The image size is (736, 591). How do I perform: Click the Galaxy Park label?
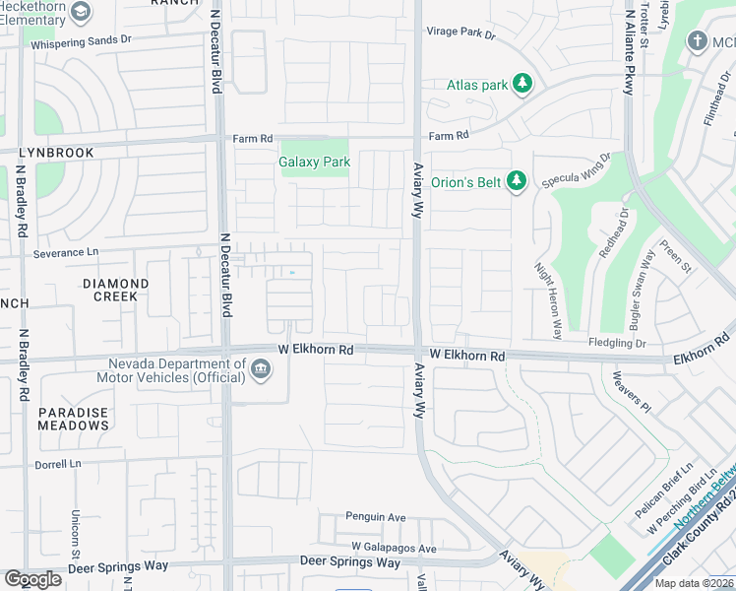pyautogui.click(x=314, y=162)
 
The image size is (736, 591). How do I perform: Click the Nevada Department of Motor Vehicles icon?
pyautogui.click(x=260, y=370)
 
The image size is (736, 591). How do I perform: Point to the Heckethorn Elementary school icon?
pyautogui.click(x=81, y=12)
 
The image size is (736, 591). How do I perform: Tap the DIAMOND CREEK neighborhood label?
pyautogui.click(x=115, y=291)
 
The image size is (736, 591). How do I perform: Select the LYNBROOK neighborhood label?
pyautogui.click(x=57, y=153)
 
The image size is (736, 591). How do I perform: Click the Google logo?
pyautogui.click(x=32, y=578)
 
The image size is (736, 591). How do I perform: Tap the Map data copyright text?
pyautogui.click(x=693, y=583)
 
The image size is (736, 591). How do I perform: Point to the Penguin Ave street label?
pyautogui.click(x=375, y=516)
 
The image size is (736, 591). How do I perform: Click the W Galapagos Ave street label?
pyautogui.click(x=394, y=548)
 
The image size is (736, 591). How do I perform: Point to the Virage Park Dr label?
pyautogui.click(x=460, y=33)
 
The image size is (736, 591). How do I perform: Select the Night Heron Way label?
pyautogui.click(x=547, y=300)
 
